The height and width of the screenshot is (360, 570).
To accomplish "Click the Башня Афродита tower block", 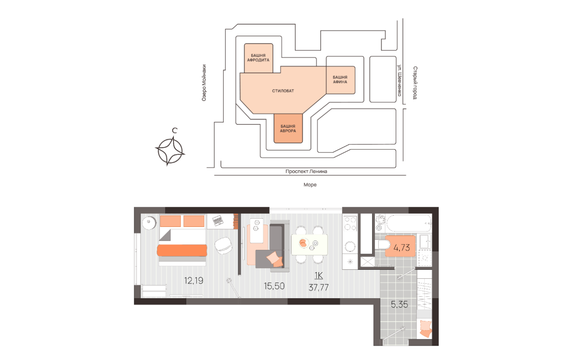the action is (258, 58).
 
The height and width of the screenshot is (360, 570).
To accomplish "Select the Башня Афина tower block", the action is (340, 80).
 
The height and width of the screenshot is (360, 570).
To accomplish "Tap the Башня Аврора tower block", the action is (288, 128).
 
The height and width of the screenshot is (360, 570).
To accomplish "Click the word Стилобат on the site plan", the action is (283, 91).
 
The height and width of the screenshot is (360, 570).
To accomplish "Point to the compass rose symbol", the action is (170, 151).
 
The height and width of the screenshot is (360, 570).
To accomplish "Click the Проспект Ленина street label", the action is (306, 171).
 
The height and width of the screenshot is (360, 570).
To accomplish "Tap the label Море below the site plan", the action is (310, 185).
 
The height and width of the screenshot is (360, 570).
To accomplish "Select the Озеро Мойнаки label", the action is (204, 83).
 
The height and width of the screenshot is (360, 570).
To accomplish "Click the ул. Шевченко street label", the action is (400, 80).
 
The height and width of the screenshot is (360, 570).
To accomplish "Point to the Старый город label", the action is (415, 83).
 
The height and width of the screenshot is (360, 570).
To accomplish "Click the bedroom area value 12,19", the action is (194, 280).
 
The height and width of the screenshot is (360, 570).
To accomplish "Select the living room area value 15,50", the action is (274, 286).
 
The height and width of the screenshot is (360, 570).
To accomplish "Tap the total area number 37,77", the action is (319, 288).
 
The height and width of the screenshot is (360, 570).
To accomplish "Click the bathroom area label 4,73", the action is (401, 248).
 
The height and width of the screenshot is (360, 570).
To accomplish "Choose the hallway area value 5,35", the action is (399, 304).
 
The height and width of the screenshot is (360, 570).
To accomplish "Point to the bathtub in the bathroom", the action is (408, 223).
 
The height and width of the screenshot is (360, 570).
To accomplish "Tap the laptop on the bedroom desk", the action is (218, 221).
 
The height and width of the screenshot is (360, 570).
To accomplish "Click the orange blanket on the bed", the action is (182, 250).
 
